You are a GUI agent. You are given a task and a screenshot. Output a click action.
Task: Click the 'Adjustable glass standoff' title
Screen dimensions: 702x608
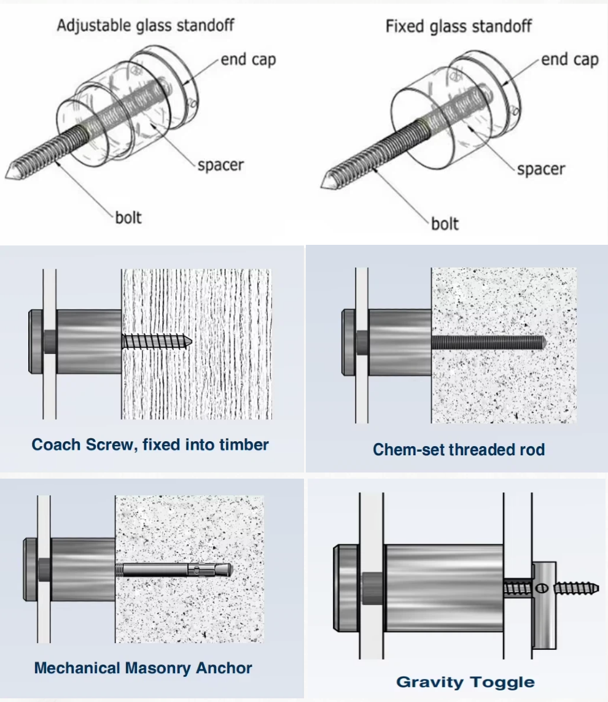[145, 26]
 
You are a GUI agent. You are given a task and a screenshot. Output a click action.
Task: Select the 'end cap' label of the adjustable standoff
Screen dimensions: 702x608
[248, 60]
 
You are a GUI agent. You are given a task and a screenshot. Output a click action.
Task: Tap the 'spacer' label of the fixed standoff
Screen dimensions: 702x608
[540, 169]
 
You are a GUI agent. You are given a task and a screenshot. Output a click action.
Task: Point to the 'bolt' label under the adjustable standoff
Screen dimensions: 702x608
[128, 217]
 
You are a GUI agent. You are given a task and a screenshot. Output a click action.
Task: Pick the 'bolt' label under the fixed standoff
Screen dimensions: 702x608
[445, 223]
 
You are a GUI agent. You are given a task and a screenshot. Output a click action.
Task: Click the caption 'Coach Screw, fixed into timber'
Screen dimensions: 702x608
[150, 444]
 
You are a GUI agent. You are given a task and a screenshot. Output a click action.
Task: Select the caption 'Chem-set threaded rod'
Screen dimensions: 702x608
[458, 450]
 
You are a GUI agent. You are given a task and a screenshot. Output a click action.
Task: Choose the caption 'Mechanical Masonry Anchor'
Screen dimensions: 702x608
[143, 668]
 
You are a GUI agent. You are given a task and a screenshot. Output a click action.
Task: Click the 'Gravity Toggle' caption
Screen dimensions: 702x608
[465, 682]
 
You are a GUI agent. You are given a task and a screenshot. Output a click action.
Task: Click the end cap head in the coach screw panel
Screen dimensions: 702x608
[35, 342]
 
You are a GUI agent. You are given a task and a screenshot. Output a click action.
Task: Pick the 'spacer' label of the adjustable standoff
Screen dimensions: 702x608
[220, 164]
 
